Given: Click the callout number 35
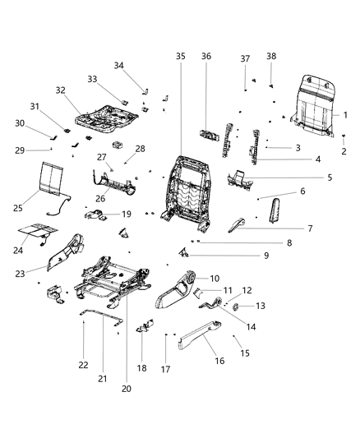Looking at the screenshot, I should click(181, 56).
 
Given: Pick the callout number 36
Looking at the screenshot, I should click(206, 56).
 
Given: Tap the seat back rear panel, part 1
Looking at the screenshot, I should click(312, 102).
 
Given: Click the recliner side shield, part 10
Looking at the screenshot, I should click(174, 289).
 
